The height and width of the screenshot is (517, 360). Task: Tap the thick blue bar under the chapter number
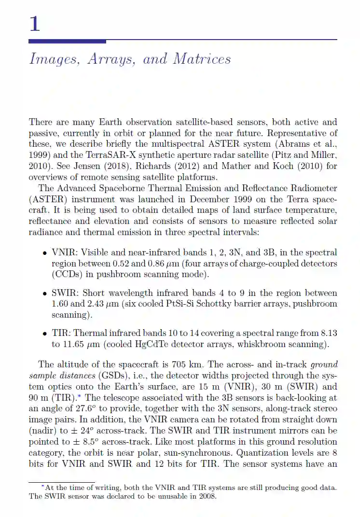pyautogui.click(x=68, y=42)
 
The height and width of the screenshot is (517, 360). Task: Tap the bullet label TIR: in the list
pyautogui.click(x=61, y=333)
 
